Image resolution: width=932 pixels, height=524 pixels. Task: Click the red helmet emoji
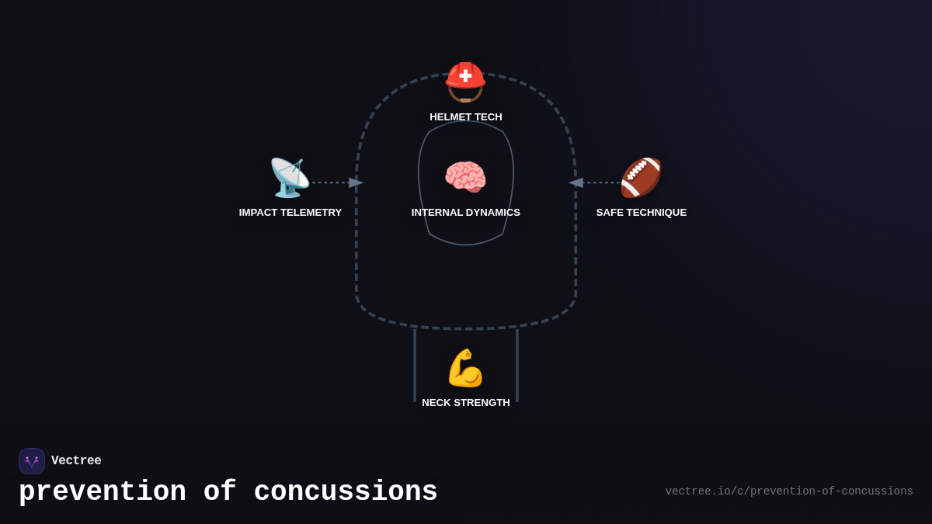(x=465, y=82)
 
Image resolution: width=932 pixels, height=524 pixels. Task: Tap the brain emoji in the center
(x=465, y=177)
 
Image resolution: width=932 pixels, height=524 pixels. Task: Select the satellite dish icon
(x=289, y=178)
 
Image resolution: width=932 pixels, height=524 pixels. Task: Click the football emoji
(x=641, y=177)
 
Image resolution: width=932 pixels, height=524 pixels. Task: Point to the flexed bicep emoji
(x=465, y=368)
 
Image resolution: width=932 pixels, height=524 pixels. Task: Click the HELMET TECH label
(x=466, y=117)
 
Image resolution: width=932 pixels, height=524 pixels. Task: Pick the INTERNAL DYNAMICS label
(x=466, y=213)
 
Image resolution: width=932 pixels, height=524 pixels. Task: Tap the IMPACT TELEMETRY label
(x=290, y=213)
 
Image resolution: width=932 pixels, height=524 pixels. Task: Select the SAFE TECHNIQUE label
(x=642, y=213)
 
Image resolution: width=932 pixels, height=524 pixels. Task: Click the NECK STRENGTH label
(x=466, y=403)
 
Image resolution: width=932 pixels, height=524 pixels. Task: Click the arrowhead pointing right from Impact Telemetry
(x=356, y=182)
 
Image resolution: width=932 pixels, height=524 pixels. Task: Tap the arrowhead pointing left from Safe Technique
(x=576, y=182)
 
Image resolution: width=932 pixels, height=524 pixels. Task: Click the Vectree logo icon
(x=32, y=461)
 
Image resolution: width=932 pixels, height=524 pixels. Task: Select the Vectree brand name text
(x=76, y=461)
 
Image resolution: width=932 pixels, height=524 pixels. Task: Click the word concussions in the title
(x=346, y=492)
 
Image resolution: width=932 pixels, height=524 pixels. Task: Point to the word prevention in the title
(x=103, y=492)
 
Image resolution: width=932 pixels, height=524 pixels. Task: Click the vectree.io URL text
(x=789, y=491)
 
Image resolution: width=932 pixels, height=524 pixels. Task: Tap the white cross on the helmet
(x=465, y=75)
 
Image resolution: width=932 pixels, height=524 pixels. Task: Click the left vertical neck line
(x=415, y=365)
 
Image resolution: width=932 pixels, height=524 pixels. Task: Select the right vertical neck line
(x=517, y=365)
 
